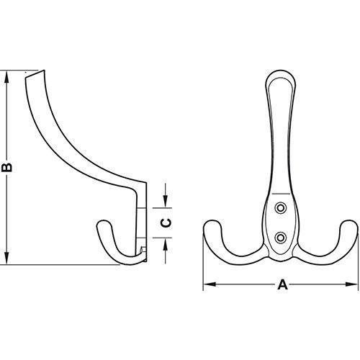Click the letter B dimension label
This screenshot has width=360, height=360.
click(x=8, y=167)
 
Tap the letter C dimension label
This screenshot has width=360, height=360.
click(x=165, y=222)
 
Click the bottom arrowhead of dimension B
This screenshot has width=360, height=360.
click(x=8, y=260)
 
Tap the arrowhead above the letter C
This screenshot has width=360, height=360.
click(x=165, y=201)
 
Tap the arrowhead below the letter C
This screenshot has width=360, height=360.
click(x=165, y=244)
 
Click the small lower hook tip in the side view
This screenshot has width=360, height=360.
click(x=100, y=228)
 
